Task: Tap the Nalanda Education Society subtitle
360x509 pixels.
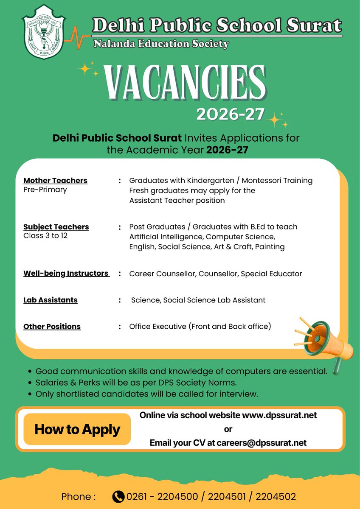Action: [161, 43]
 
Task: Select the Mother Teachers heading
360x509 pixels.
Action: [55, 181]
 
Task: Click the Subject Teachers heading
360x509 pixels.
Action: [56, 227]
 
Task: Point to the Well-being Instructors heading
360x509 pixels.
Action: [66, 274]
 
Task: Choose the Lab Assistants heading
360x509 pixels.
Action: [51, 300]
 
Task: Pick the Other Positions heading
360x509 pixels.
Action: [52, 327]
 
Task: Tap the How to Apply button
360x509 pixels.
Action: [77, 429]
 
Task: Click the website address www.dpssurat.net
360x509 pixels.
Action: [279, 415]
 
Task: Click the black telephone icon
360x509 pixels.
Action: [118, 497]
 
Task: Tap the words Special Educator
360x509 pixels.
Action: [271, 274]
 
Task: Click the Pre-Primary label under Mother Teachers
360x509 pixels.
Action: [45, 190]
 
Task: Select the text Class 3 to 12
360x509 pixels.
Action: [45, 235]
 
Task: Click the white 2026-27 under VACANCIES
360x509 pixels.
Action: [230, 114]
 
